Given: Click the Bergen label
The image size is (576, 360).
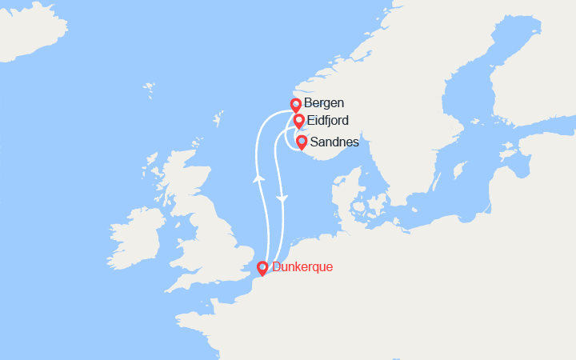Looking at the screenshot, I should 325,103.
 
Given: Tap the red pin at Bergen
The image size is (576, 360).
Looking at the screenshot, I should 295,104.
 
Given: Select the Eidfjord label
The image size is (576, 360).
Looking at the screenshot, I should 328,121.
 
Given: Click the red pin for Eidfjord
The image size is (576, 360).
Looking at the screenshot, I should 298,121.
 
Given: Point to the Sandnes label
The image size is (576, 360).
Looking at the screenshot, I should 334,142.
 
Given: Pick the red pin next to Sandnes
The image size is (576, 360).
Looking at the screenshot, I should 302,142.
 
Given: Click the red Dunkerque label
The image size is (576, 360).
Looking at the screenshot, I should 302,267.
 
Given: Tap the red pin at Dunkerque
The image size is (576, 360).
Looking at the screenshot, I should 262,268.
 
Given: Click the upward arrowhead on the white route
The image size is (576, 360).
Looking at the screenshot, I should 258,178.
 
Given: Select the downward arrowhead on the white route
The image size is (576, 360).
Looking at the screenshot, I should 281,197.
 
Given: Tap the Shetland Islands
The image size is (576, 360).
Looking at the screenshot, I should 217,121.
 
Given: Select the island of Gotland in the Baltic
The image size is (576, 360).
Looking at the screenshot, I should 460,171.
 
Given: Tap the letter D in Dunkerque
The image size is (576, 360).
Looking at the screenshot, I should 277,267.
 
